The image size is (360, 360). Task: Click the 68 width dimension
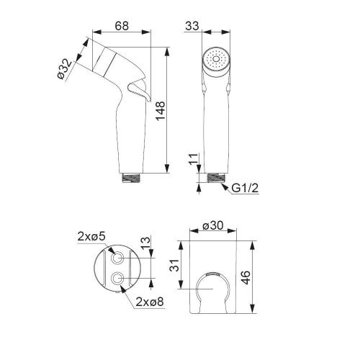coord(121,25)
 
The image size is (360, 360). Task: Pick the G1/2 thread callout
coord(244,189)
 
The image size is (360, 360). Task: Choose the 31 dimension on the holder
coord(176,266)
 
